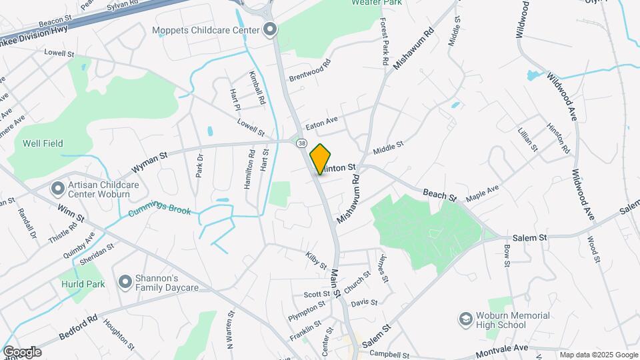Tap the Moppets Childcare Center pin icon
270,29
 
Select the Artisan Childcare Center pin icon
57,189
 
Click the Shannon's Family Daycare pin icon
125,282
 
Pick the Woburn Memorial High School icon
464,320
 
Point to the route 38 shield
302,143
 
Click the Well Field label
43,143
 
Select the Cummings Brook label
159,211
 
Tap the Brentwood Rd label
310,72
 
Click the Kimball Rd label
257,88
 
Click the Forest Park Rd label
384,42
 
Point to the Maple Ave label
483,194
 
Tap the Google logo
21,351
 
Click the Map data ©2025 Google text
599,355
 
